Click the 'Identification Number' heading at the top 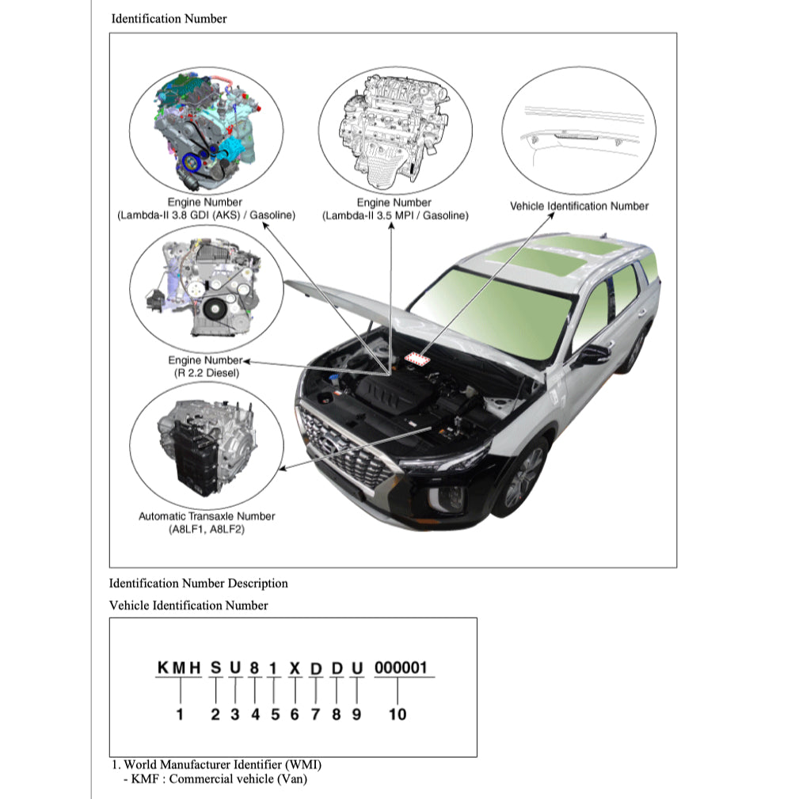click(x=169, y=18)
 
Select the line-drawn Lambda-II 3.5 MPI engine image click(x=394, y=128)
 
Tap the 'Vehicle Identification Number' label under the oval click(x=579, y=206)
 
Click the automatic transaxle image click(x=205, y=447)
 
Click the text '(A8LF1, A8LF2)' click(x=207, y=530)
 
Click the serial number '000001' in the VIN click(x=400, y=668)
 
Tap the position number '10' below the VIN click(x=398, y=714)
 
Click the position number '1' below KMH click(x=180, y=714)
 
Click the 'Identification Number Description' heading click(x=198, y=584)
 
